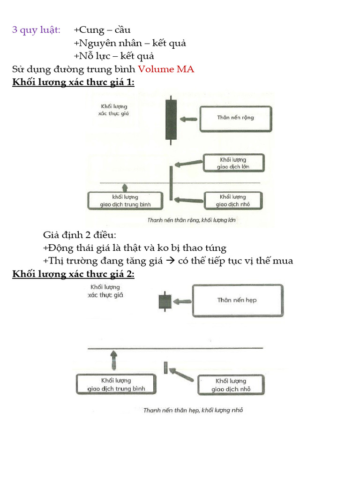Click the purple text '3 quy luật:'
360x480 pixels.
(x=36, y=30)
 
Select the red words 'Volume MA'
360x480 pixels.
(x=166, y=69)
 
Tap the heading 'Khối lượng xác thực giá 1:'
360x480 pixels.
(x=73, y=82)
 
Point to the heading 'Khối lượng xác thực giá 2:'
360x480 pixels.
(x=73, y=274)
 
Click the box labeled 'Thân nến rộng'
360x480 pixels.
(x=235, y=118)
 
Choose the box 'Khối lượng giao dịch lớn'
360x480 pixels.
(x=233, y=163)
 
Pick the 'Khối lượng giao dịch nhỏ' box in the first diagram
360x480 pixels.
(x=233, y=200)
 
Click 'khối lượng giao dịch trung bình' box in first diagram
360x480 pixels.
(x=125, y=200)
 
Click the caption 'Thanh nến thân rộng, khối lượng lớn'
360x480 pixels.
(x=191, y=220)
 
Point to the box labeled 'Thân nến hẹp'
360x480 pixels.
(x=237, y=300)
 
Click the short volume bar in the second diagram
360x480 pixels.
(x=165, y=367)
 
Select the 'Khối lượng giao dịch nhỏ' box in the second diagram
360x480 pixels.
(x=230, y=385)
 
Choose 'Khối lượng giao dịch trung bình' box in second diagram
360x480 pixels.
(x=116, y=384)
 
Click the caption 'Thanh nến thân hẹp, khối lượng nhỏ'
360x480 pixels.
(x=193, y=410)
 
